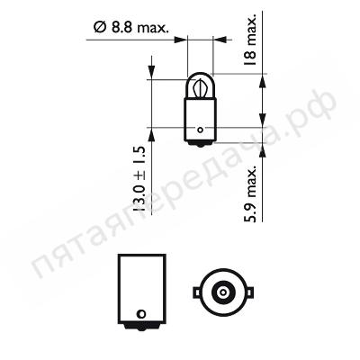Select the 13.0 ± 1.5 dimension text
139,179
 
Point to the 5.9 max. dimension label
250,194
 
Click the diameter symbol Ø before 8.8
101,28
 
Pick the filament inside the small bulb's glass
200,89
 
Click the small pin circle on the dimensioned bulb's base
200,130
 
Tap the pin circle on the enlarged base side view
140,314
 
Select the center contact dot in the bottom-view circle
222,292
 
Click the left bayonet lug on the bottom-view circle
197,292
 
